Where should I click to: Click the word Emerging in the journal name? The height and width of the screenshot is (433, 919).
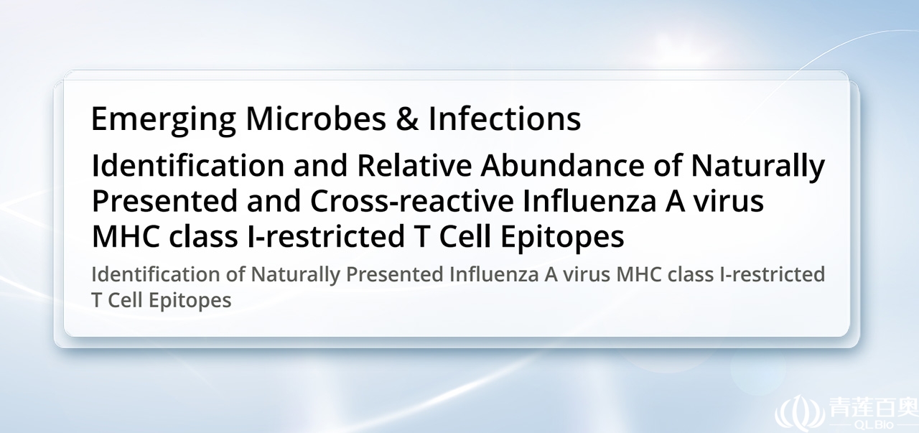(x=163, y=120)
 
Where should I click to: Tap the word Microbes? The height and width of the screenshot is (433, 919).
(x=316, y=118)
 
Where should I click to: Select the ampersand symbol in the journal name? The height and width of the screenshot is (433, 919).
(x=407, y=119)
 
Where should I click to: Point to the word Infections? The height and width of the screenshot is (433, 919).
(x=505, y=118)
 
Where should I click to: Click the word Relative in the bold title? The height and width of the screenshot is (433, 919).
(x=414, y=165)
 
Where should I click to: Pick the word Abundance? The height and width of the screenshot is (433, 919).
(x=562, y=165)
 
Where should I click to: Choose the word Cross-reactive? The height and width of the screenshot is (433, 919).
(x=412, y=201)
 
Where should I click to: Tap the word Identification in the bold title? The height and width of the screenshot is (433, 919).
(x=188, y=165)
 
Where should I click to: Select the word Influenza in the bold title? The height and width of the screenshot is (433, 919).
(x=589, y=200)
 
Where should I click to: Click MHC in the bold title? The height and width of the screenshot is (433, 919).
(x=126, y=237)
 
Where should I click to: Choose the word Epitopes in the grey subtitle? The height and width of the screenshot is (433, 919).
(x=190, y=301)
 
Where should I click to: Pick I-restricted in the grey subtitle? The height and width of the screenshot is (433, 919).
(x=772, y=274)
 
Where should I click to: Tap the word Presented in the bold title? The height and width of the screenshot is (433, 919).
(x=164, y=201)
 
